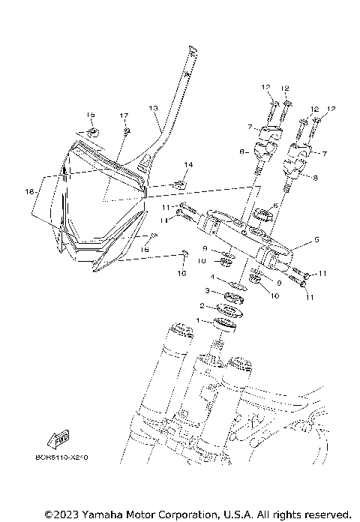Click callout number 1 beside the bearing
click(x=198, y=320)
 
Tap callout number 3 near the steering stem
click(x=208, y=290)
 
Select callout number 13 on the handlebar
click(x=153, y=108)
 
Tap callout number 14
click(x=188, y=164)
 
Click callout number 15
click(x=90, y=115)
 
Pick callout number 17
click(x=124, y=115)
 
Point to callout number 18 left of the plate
click(x=28, y=192)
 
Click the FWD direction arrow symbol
click(x=64, y=438)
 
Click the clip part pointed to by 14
click(x=178, y=183)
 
